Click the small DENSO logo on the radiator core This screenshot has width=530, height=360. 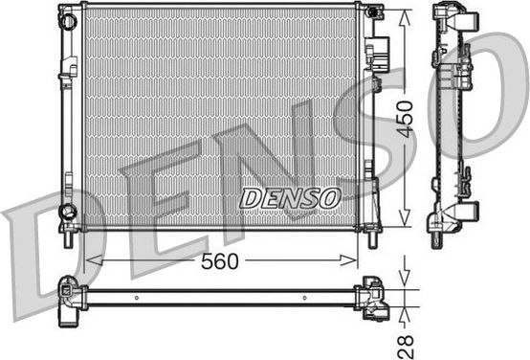[290, 197]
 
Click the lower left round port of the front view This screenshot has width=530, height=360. [67, 210]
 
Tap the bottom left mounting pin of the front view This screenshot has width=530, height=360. [68, 238]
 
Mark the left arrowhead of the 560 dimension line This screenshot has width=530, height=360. [90, 259]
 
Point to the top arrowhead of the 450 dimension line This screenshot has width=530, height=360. [408, 11]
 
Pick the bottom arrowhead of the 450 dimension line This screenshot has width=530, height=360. [408, 222]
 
